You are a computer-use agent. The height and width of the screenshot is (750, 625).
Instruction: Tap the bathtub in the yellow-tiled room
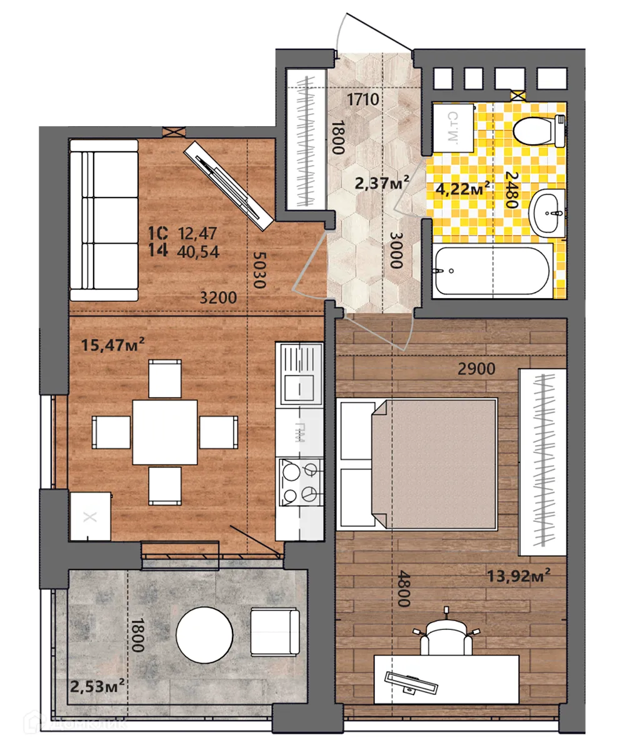coord(492,272)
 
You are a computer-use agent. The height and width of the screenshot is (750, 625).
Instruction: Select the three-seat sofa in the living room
coord(103,221)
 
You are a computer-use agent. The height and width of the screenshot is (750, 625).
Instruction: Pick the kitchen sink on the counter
coord(299,374)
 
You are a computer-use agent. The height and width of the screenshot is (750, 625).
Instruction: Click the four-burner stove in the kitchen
coord(300,481)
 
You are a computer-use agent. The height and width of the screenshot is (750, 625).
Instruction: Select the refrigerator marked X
coord(91,516)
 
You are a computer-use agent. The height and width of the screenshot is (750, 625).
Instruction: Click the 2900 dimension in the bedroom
coord(476,369)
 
